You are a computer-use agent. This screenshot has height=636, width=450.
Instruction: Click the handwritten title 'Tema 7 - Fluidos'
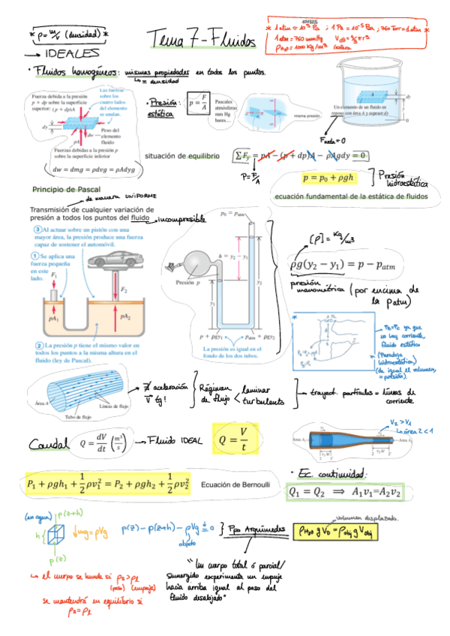202,39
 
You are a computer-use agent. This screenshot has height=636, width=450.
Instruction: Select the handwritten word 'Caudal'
47,445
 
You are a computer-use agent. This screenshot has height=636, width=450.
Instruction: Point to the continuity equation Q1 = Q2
345,492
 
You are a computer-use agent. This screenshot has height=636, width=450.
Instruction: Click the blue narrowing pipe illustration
352,445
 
